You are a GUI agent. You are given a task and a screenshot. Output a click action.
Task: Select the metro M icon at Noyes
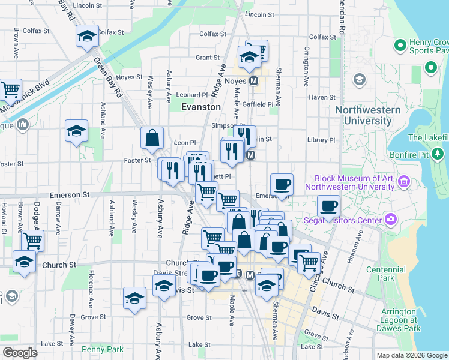click(254, 80)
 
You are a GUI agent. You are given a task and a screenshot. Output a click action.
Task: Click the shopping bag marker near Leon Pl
click(152, 138)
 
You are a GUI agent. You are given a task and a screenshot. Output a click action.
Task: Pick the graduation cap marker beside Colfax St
click(87, 37)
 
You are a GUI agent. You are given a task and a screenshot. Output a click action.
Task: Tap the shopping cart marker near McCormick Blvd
click(10, 90)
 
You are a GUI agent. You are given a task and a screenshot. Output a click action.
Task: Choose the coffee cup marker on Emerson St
click(282, 184)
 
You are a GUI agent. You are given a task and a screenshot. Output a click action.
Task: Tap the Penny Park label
click(103, 349)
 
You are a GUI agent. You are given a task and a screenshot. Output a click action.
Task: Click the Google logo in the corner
click(20, 353)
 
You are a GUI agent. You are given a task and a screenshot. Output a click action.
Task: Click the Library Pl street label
click(321, 140)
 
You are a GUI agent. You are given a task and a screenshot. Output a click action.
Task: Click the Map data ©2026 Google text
click(412, 355)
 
